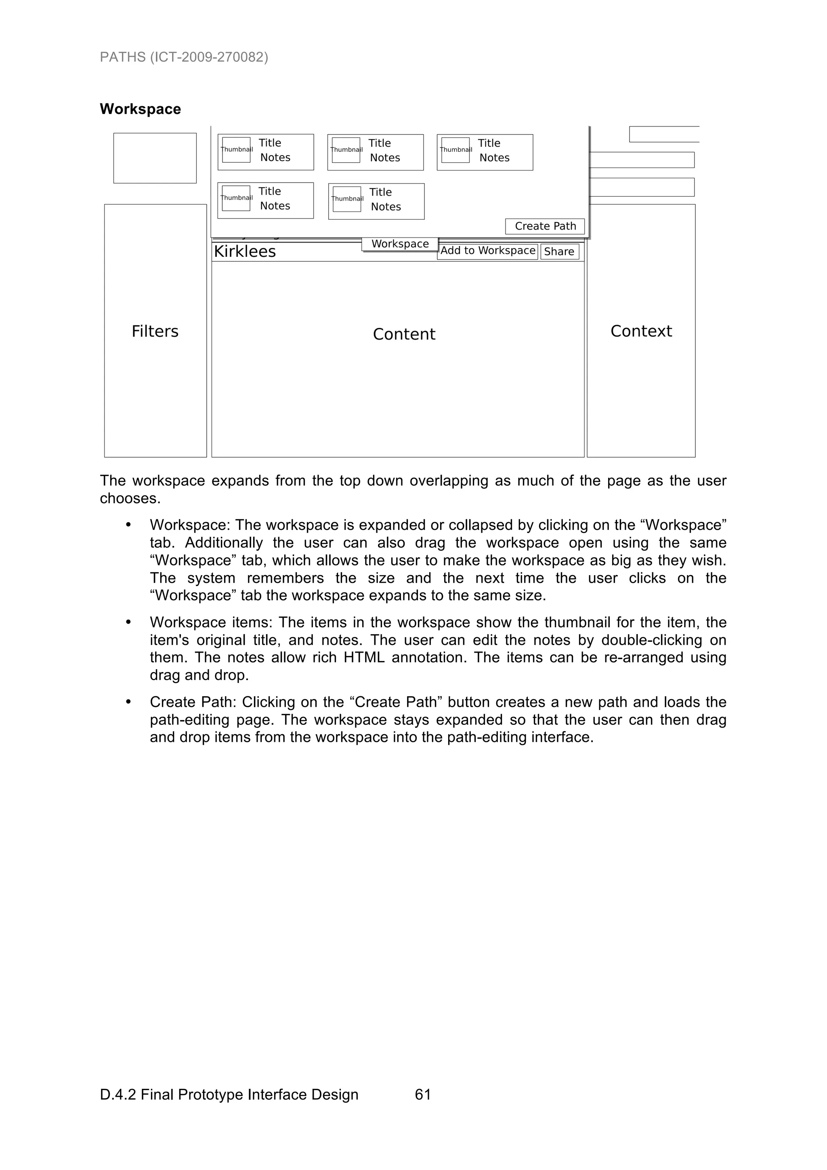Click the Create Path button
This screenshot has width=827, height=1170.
(545, 226)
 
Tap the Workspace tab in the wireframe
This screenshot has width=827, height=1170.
(400, 244)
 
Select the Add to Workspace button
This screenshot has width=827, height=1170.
(488, 251)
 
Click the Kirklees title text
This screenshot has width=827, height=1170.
(245, 252)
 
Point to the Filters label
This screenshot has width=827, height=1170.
(155, 332)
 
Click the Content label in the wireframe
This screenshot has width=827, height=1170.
(404, 334)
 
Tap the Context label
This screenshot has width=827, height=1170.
(641, 331)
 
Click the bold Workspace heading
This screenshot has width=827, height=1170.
(140, 109)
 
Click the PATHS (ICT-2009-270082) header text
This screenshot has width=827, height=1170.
(184, 57)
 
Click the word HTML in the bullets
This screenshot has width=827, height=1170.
(364, 657)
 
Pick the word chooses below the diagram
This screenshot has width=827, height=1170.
(130, 498)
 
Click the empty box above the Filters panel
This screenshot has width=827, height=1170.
(155, 158)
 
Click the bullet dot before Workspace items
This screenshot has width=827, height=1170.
(128, 623)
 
